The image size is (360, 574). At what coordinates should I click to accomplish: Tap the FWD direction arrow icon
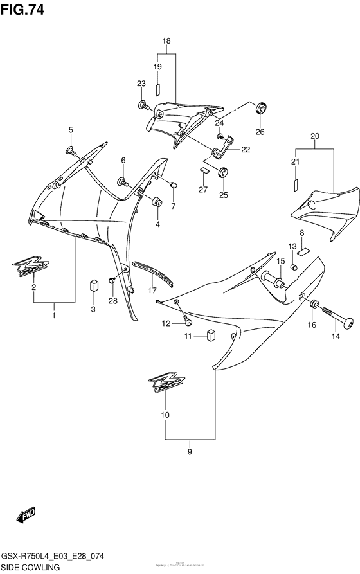(26, 514)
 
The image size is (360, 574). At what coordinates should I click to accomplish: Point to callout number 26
(260, 132)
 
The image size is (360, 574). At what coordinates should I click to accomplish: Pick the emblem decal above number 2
(30, 266)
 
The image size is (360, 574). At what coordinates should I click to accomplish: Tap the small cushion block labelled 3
(93, 284)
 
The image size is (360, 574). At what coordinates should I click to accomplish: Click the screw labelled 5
(71, 151)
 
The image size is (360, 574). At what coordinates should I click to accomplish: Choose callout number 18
(166, 41)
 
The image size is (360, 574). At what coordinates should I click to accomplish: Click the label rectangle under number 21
(296, 184)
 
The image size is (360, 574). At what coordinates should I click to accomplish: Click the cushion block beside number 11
(210, 334)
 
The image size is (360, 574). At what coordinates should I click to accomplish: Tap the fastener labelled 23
(142, 103)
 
